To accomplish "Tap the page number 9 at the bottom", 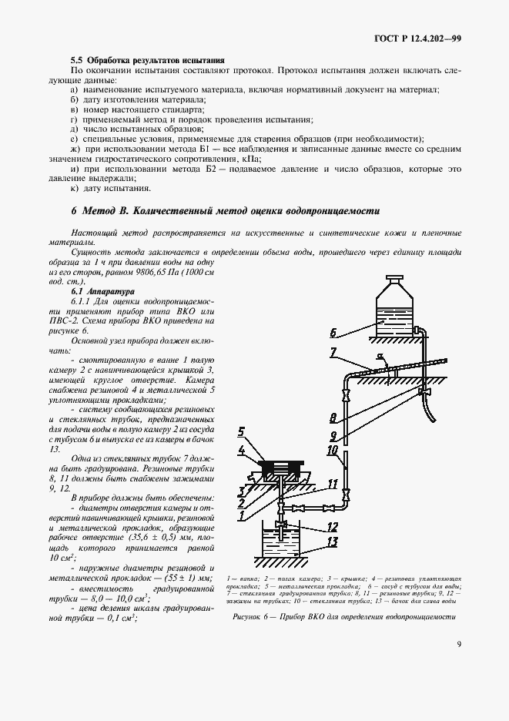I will [x=458, y=645].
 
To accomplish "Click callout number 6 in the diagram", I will [x=333, y=334].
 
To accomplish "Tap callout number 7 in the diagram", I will [x=333, y=353].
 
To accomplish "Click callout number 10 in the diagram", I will [x=333, y=450].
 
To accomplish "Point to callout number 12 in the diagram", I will [x=333, y=527].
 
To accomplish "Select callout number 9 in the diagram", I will [x=333, y=435].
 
